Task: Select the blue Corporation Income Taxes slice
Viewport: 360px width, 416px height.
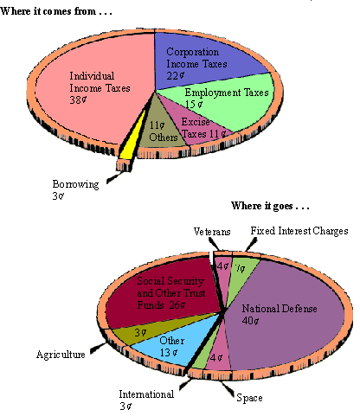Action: coord(202,62)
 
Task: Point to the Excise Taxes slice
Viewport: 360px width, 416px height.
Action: coord(199,128)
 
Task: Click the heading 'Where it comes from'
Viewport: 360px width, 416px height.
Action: coord(56,11)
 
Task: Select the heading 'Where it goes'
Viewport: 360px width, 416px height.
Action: coord(270,206)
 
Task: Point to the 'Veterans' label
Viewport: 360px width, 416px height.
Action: coord(212,232)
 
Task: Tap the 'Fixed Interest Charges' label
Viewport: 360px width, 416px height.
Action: coord(299,231)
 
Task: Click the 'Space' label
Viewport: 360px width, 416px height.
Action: coord(249,398)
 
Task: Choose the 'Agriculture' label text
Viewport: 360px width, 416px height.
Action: coord(61,355)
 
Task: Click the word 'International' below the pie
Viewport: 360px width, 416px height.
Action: coord(146,394)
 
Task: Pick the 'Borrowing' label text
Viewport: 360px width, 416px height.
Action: coord(75,184)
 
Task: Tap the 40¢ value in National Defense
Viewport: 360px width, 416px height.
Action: coord(250,321)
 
